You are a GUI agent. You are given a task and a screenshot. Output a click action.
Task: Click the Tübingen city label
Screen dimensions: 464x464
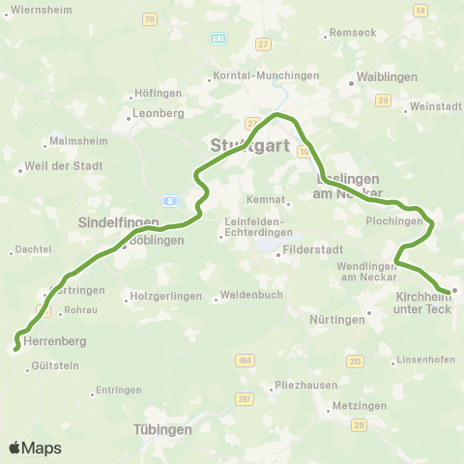[x=162, y=429]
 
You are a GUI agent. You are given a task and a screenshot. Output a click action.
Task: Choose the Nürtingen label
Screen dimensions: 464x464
[x=340, y=319]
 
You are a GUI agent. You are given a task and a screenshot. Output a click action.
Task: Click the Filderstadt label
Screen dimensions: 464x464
[x=305, y=254]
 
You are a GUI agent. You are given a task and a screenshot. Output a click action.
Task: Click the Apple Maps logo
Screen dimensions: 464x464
[x=35, y=448]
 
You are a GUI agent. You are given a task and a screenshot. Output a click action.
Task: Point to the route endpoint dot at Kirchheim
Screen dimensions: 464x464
[x=453, y=290]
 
